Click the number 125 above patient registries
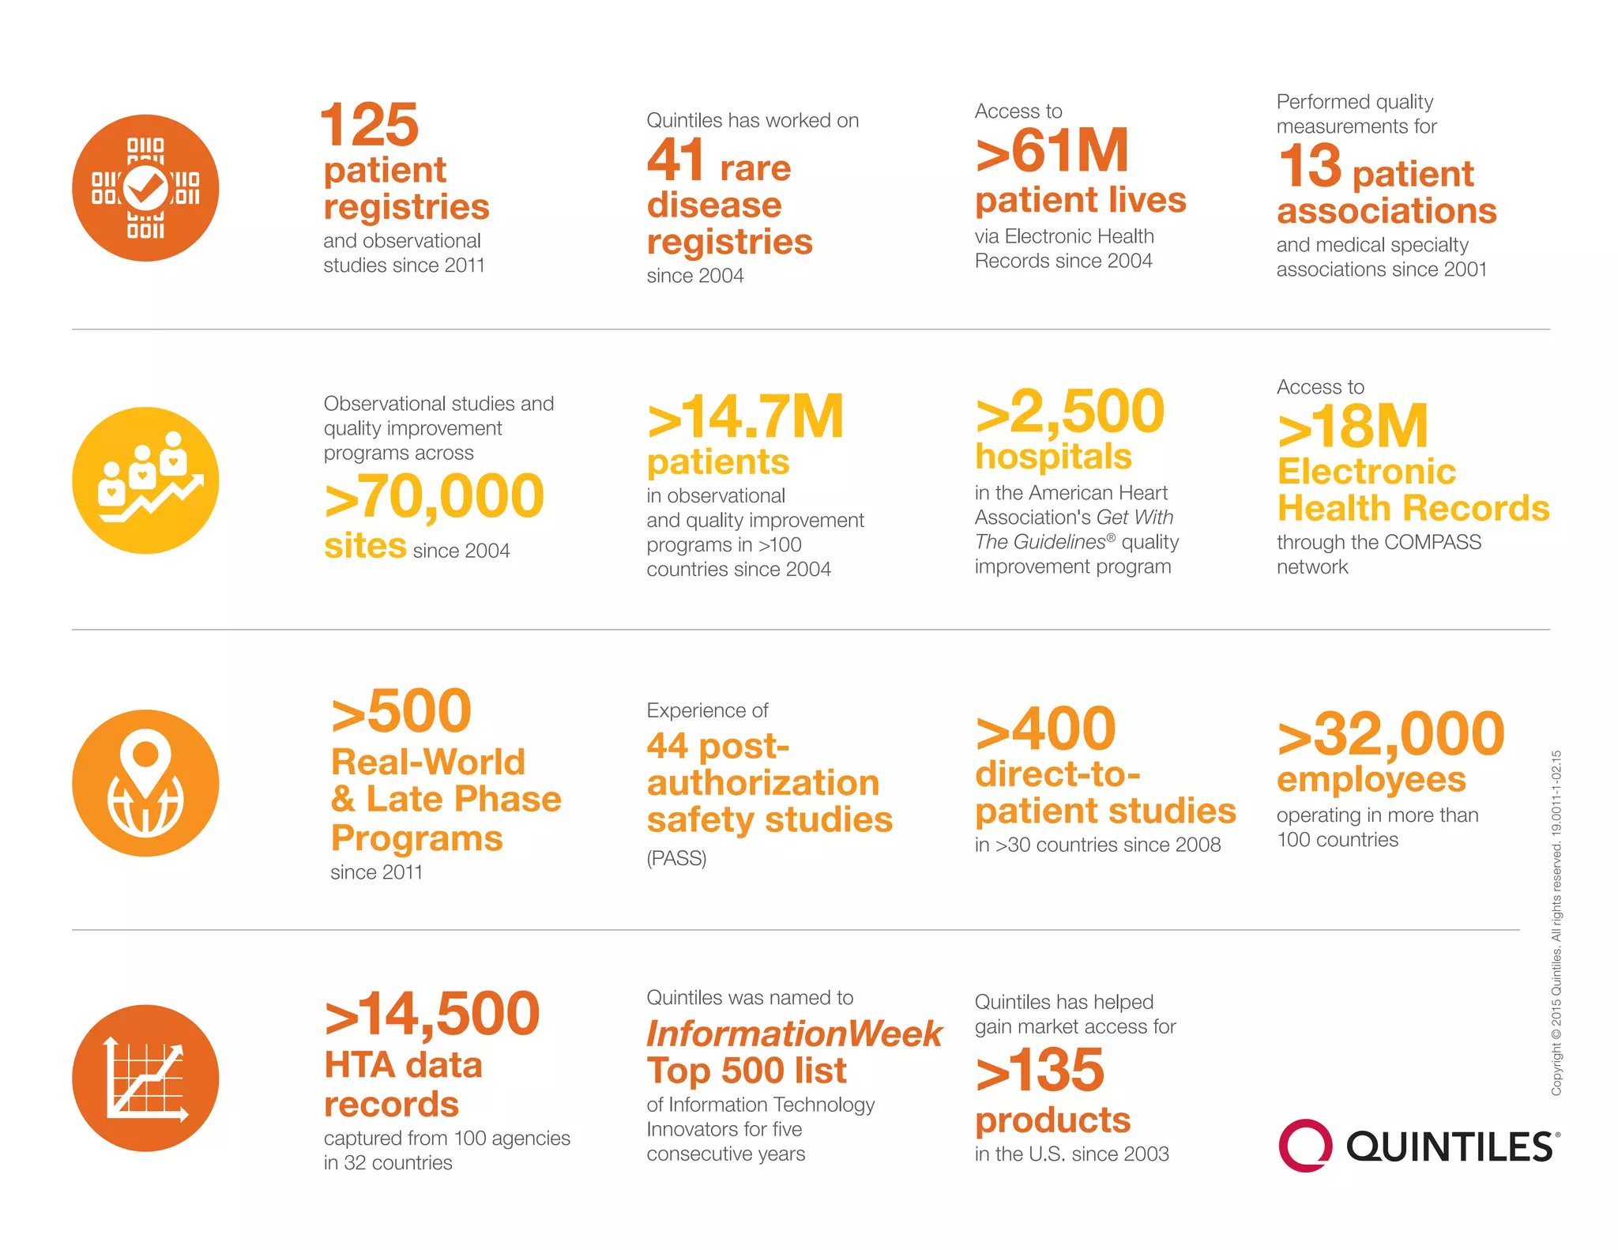click(x=369, y=125)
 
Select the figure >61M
click(x=1052, y=151)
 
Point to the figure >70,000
click(x=434, y=497)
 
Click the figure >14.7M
click(x=745, y=417)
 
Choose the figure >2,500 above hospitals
click(x=1070, y=412)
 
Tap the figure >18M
click(x=1353, y=427)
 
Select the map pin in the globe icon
click(x=145, y=759)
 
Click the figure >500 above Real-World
click(x=401, y=711)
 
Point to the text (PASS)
click(x=676, y=858)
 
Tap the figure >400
click(x=1045, y=729)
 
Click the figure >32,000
click(x=1390, y=734)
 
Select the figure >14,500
click(x=432, y=1014)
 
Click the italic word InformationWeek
click(x=794, y=1034)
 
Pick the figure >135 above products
click(x=1040, y=1070)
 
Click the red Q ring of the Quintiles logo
click(x=1304, y=1145)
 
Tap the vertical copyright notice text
click(x=1556, y=922)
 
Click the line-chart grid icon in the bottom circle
click(x=146, y=1079)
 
